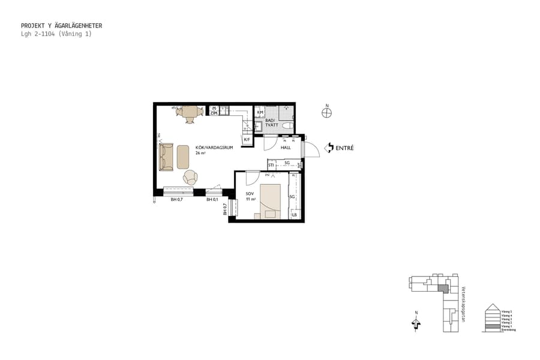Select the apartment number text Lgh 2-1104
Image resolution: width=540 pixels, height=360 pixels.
coord(38,34)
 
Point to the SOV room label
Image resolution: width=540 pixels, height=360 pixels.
coord(250,193)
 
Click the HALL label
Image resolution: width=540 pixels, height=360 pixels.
coord(286,147)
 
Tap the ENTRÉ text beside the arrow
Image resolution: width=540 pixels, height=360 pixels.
coord(345,148)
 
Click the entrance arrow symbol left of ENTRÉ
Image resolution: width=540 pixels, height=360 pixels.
coord(329,148)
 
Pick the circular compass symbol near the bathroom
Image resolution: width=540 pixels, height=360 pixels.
coord(327,112)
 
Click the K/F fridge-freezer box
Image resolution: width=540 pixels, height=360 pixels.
coord(247,140)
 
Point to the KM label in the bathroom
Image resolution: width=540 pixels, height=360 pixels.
coord(260,112)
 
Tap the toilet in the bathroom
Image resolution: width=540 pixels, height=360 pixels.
coord(287,125)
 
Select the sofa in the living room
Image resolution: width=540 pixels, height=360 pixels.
coord(166,157)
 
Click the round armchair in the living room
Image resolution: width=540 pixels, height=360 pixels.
coord(190,177)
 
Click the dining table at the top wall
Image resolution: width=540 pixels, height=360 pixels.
coord(190,112)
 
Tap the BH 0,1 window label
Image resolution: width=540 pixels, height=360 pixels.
coord(212,199)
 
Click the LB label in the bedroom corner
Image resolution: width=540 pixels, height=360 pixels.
coord(294,215)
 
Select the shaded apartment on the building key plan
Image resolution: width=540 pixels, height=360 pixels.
coord(443,289)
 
